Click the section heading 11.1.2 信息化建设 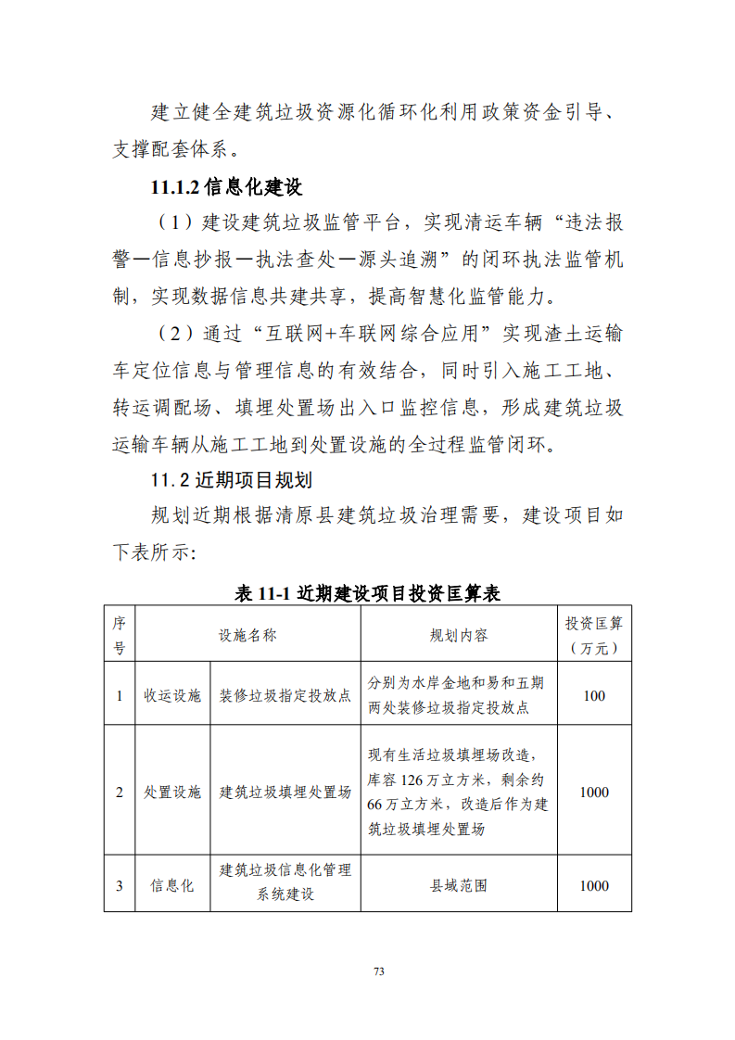coord(226,186)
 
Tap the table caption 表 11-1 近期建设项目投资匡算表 coord(367,594)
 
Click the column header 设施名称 coord(247,635)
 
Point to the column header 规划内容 coord(459,635)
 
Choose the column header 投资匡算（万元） coord(594,635)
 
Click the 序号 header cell coord(119,635)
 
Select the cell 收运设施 coord(172,695)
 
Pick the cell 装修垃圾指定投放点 coord(285,695)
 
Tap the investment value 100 coord(594,695)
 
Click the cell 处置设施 coord(172,793)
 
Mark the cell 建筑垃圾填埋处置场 coord(285,793)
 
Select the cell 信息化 coord(172,885)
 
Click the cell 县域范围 coord(459,885)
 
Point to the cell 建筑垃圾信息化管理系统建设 coord(285,883)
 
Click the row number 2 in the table coord(119,793)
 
